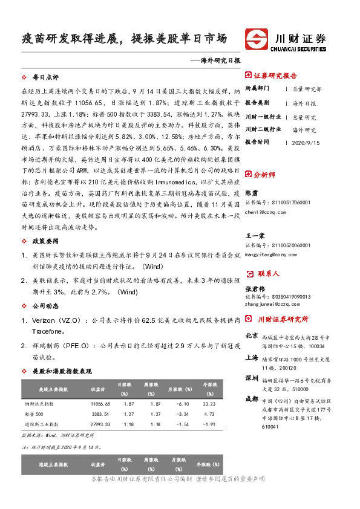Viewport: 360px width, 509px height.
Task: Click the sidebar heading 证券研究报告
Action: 275,76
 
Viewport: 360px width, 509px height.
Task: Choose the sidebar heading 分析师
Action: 267,173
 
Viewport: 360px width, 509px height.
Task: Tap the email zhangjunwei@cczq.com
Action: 273,304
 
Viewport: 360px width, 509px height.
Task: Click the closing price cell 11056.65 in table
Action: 100,403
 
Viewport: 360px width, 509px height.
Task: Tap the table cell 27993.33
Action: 100,424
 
